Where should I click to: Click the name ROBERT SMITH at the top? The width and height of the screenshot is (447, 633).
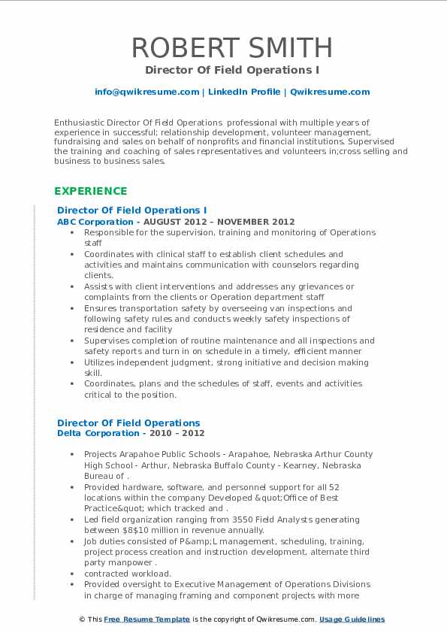click(223, 47)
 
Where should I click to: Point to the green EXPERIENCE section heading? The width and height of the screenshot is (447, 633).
click(90, 191)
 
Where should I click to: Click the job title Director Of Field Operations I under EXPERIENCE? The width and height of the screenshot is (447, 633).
click(131, 210)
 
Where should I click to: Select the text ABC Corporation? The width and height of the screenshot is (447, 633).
click(95, 222)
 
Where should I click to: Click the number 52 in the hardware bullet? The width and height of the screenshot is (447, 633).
click(334, 486)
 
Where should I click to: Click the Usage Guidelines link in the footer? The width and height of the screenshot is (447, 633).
click(352, 619)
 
